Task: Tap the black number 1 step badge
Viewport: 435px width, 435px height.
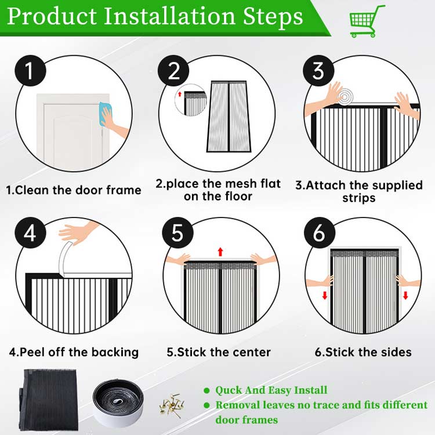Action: pos(30,70)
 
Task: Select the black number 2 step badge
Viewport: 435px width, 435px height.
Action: pos(173,70)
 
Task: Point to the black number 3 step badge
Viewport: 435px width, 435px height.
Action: pos(318,70)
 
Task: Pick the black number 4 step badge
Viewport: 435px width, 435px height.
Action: pos(30,233)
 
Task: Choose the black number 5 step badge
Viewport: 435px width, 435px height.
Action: pos(177,233)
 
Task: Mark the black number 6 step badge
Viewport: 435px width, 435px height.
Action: pos(320,233)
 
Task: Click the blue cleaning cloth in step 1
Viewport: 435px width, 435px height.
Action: pos(105,114)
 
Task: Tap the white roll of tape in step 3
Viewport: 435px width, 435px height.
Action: pos(345,97)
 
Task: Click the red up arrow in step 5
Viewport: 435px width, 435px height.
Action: pos(220,252)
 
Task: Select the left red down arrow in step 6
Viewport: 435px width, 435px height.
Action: pos(325,295)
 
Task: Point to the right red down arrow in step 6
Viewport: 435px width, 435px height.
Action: pos(405,295)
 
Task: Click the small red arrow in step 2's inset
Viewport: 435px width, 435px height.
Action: pos(180,94)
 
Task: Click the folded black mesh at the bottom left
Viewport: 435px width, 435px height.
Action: pos(49,401)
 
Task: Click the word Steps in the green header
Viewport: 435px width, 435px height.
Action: pos(273,17)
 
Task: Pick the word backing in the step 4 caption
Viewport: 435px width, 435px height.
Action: pos(115,352)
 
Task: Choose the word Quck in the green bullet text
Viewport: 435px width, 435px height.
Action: pos(229,390)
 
